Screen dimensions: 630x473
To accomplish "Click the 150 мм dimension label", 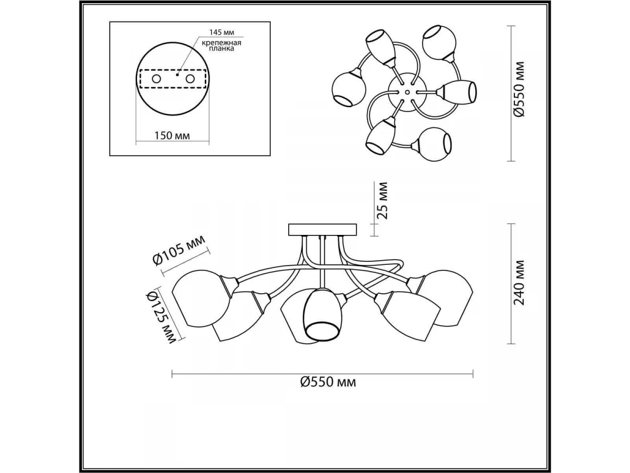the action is tap(172, 135).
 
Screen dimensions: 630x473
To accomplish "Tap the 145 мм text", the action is tap(222, 32).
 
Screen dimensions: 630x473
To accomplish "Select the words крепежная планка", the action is tap(222, 46).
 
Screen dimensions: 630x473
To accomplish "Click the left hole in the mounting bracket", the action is tap(156, 78).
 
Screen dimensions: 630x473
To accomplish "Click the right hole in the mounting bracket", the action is tap(190, 78).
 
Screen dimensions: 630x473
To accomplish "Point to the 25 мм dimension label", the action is tap(382, 200).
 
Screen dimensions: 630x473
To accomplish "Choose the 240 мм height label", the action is tap(519, 283).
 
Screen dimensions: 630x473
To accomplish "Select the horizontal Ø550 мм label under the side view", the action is tap(328, 382).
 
